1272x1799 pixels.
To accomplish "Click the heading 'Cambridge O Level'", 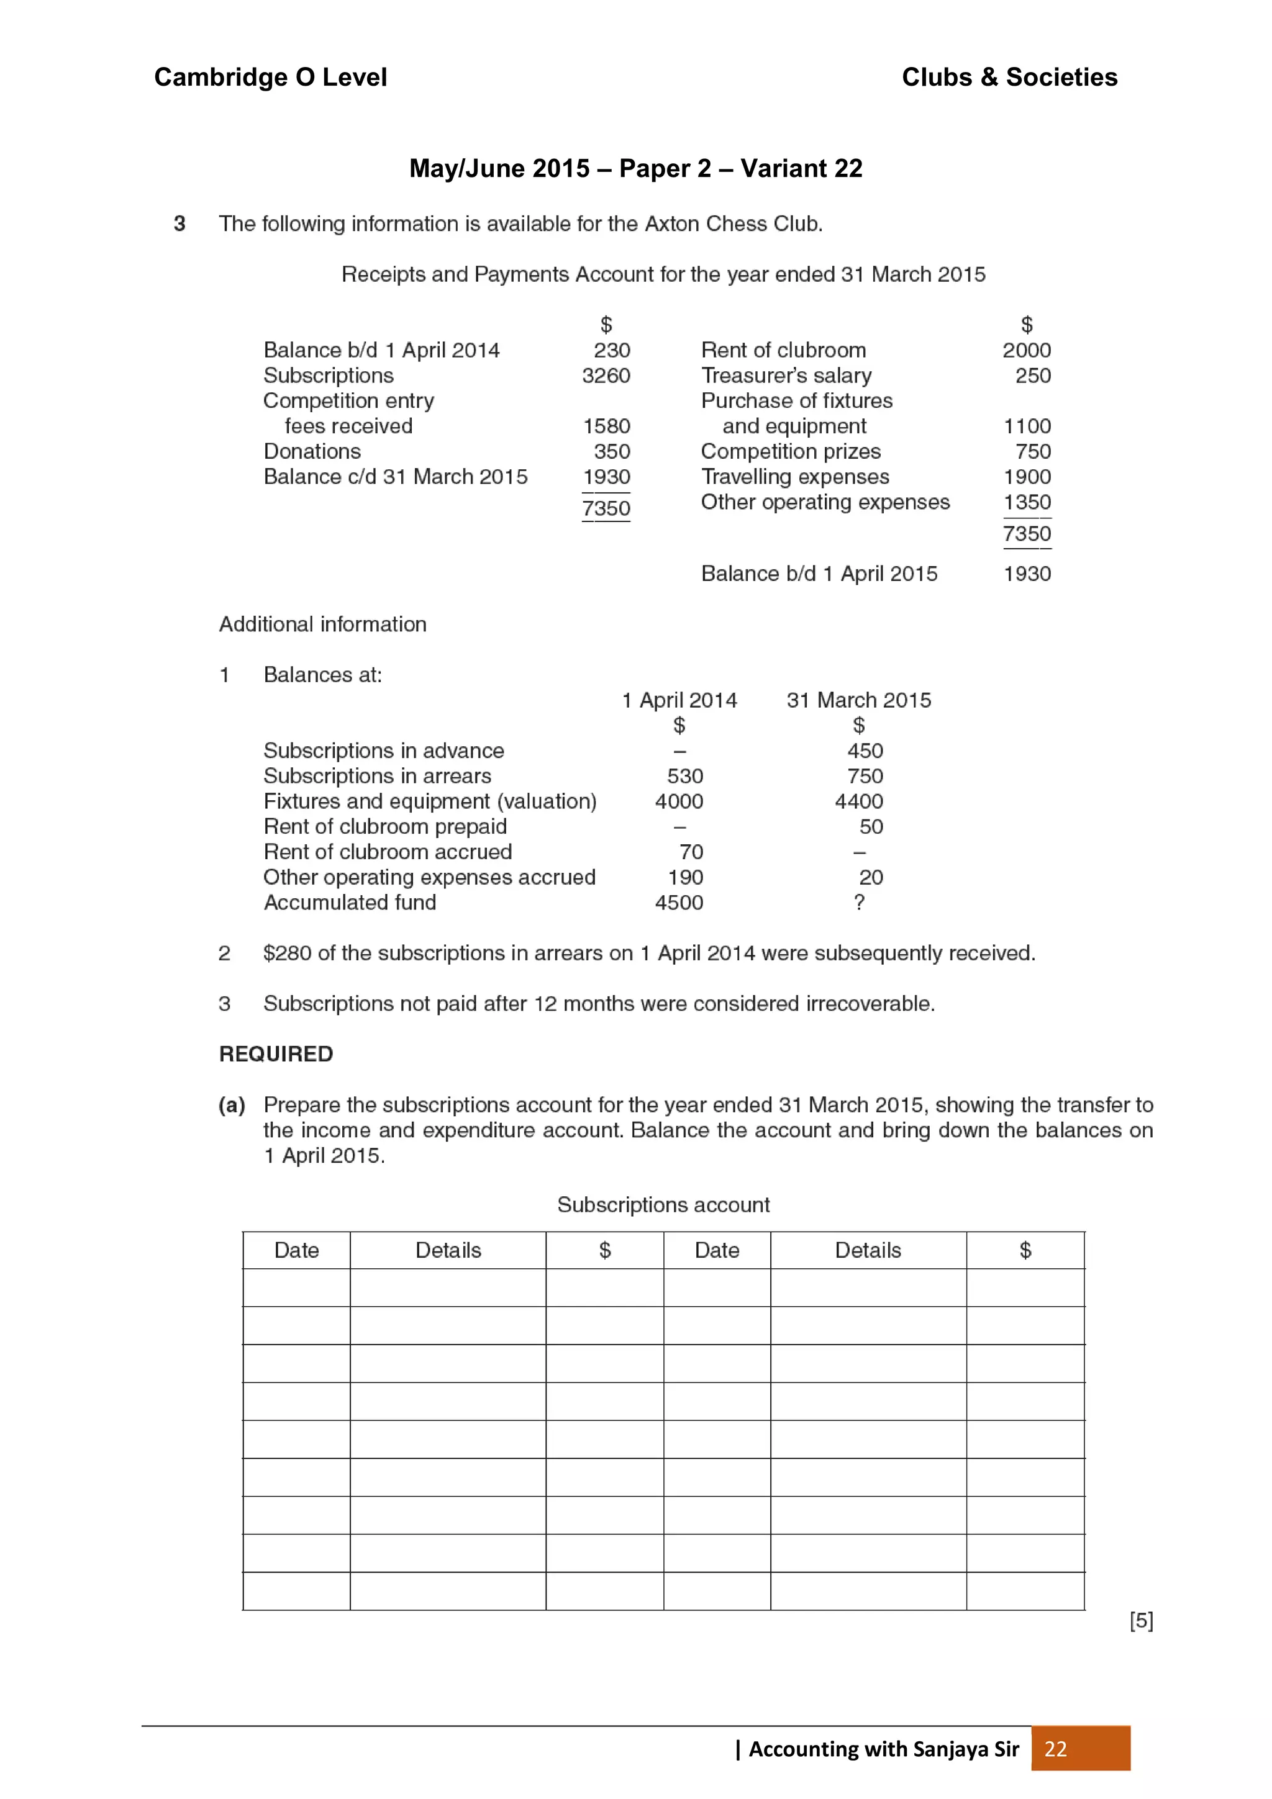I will (270, 77).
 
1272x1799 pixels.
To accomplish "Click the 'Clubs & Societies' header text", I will (1009, 77).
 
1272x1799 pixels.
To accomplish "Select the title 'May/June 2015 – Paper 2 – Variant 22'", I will (635, 168).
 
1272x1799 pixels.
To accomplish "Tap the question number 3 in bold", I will (179, 224).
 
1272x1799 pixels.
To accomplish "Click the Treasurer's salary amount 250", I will (1032, 376).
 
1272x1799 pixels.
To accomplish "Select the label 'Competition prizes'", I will (790, 451).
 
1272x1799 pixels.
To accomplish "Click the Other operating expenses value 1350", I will (1027, 502).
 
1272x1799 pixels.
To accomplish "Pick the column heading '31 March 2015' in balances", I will (858, 700).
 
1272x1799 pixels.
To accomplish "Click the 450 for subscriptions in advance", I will (865, 751).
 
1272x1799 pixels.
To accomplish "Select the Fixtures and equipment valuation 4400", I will (858, 801).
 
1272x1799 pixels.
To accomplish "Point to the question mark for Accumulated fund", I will (859, 903).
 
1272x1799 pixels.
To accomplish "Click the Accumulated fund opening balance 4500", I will (679, 903).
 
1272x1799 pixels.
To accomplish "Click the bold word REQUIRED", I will (276, 1054).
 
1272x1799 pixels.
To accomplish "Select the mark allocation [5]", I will (1140, 1620).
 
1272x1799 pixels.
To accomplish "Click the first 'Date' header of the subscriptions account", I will (296, 1250).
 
